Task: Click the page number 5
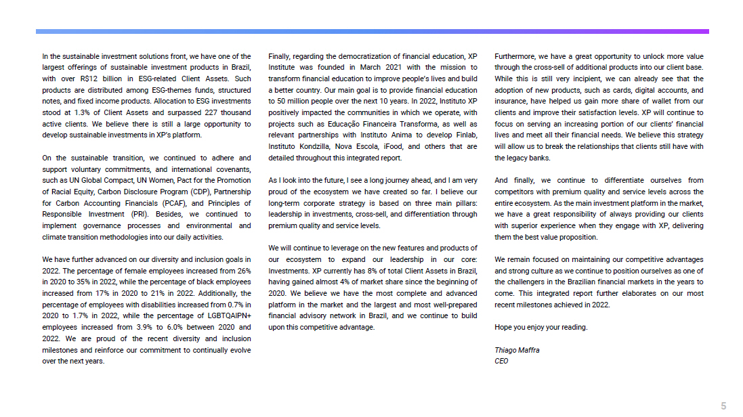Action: click(723, 405)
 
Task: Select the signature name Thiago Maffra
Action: click(517, 350)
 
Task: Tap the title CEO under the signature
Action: click(501, 361)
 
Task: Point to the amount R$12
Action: click(89, 79)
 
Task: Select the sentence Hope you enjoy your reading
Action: click(540, 327)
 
